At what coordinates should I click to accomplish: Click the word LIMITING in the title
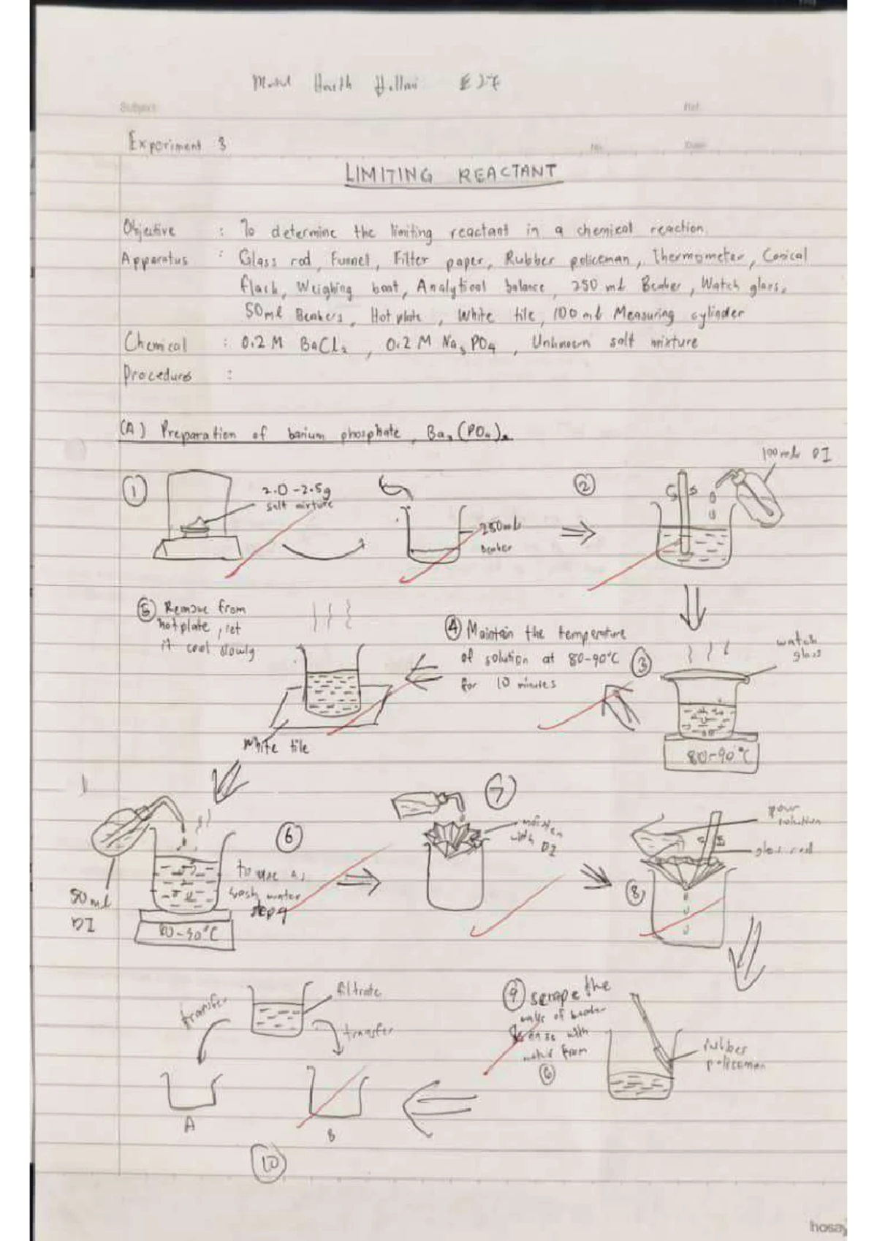[x=388, y=175]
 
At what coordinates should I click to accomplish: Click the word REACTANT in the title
[x=506, y=173]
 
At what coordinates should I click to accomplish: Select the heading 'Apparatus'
[x=155, y=259]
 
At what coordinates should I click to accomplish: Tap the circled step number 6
[x=289, y=838]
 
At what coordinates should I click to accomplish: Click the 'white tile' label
[x=276, y=747]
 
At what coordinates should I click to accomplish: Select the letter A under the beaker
[x=189, y=1126]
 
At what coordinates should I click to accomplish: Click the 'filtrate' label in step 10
[x=357, y=993]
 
